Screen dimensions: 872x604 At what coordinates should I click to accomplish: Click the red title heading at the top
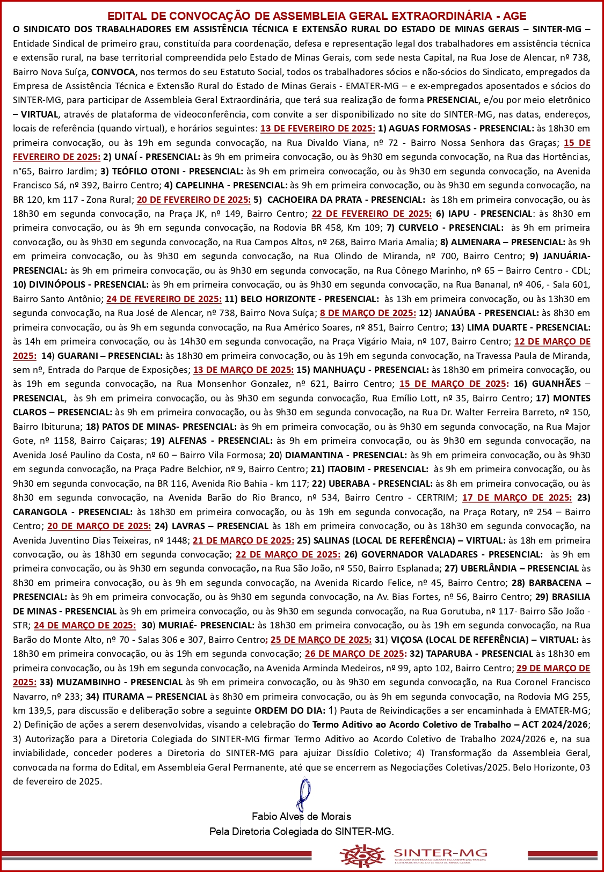317,16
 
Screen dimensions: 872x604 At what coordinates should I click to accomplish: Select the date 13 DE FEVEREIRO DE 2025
317,128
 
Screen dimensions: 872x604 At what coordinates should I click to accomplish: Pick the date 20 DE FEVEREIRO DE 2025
194,199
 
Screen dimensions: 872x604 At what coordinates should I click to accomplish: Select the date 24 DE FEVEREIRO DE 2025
164,298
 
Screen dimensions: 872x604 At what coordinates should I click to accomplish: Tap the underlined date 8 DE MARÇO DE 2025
368,313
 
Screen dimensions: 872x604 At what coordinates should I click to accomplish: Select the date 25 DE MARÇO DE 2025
321,640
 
